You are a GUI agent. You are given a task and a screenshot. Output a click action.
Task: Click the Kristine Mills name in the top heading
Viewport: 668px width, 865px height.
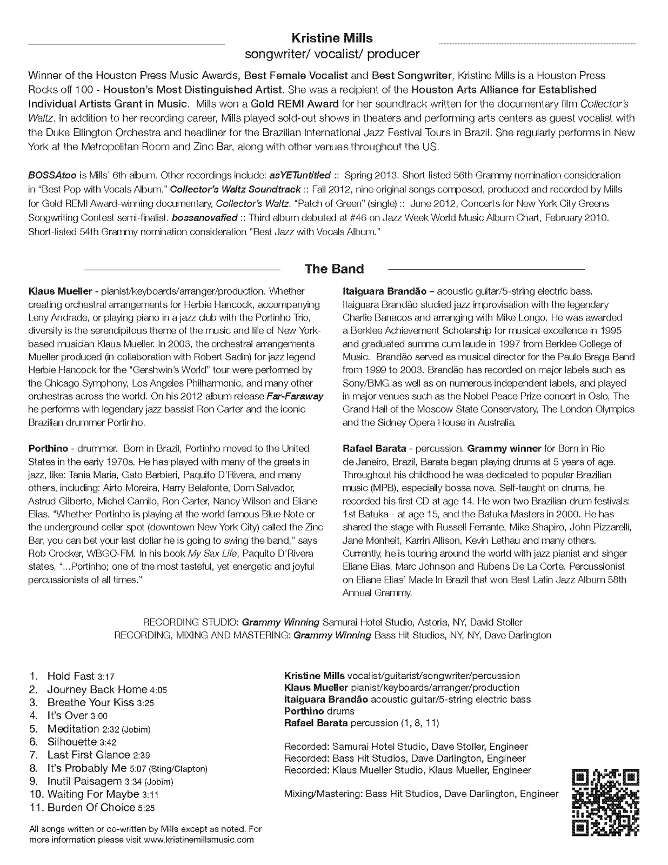332,38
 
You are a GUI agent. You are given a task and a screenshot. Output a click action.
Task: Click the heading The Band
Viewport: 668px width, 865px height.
334,269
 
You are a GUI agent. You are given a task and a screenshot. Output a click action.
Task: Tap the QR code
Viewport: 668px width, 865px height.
605,802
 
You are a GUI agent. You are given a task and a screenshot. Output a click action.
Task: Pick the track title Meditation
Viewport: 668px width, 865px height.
73,729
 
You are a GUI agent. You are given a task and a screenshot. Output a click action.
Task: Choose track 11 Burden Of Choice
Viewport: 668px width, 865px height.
91,808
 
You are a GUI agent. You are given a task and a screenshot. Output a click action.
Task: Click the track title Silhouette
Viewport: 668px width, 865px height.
72,742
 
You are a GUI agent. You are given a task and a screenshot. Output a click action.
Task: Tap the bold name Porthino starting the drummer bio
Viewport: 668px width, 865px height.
48,449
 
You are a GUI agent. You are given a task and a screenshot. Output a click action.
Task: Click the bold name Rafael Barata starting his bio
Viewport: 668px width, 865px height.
375,449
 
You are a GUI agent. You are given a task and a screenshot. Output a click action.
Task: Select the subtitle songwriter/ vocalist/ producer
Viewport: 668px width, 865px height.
332,54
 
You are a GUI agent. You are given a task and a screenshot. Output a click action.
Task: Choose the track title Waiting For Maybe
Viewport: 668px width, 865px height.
93,795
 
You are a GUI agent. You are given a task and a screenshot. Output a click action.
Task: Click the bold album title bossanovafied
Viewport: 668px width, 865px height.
205,218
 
